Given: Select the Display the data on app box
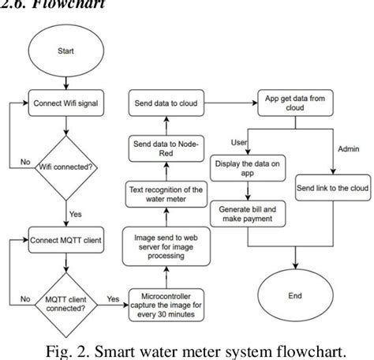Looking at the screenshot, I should click(248, 170).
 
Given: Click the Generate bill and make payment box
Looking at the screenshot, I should click(248, 215).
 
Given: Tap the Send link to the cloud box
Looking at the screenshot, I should click(331, 190).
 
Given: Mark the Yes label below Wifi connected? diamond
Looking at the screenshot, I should click(77, 213).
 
